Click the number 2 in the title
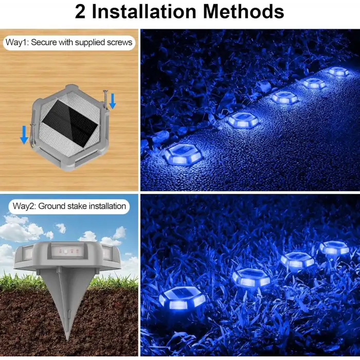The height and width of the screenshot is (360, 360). coord(80,11)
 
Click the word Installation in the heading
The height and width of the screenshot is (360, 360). coord(143,11)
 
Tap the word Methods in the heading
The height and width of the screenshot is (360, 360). coord(244,11)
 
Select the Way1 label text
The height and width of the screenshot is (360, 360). coord(16,43)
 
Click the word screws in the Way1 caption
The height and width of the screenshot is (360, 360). coord(120,43)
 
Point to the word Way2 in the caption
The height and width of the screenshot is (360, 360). coord(24,206)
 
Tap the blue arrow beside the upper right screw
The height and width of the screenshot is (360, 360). coord(112,101)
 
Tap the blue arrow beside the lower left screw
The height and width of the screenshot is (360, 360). coord(24,135)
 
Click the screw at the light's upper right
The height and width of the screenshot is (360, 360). coord(105,99)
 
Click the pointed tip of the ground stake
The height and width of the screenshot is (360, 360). coord(67,339)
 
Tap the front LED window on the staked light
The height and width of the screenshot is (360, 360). coord(66,250)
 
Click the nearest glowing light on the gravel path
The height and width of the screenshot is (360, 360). coord(183,154)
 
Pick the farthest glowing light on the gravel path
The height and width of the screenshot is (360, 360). coord(338,71)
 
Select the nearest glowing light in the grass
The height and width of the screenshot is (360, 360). coord(182,298)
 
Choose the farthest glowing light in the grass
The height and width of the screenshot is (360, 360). coord(334,247)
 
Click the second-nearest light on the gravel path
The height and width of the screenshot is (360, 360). coord(244,119)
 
